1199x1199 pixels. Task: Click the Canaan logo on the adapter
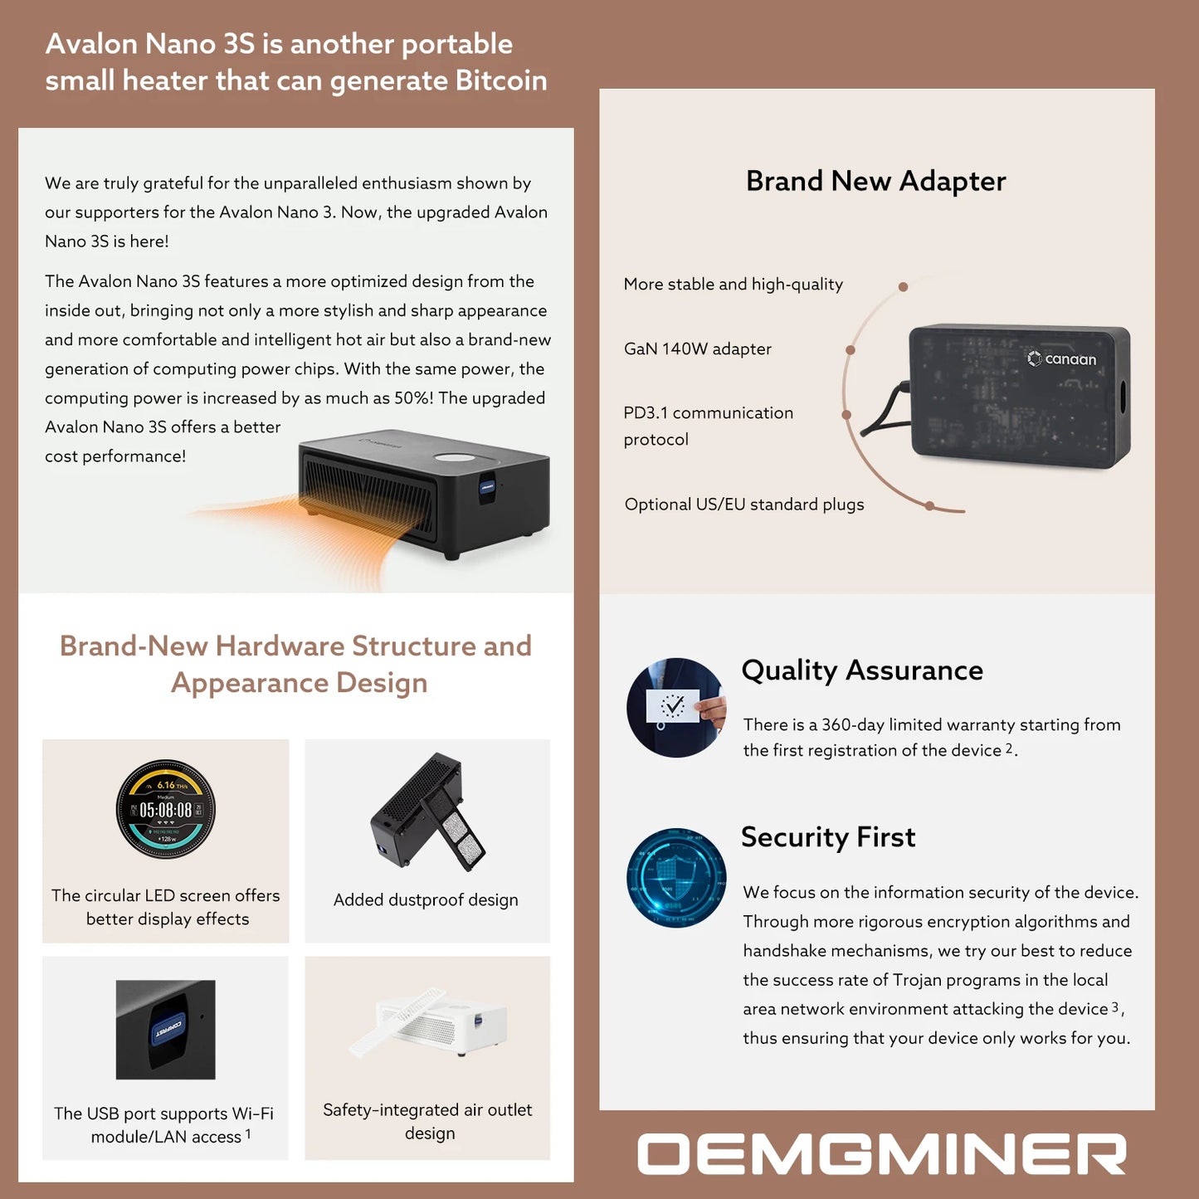1062,359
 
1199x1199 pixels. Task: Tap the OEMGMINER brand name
881,1154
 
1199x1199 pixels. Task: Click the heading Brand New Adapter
875,181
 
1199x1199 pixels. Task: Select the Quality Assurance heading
862,670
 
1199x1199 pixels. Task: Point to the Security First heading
828,837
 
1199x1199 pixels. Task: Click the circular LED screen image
166,809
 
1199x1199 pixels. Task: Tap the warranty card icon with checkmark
675,708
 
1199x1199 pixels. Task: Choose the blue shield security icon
676,877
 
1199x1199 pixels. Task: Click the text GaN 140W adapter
697,349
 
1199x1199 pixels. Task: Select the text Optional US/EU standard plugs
744,504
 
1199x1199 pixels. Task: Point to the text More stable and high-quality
733,285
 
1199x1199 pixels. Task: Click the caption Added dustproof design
426,900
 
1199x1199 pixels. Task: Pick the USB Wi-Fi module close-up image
166,1030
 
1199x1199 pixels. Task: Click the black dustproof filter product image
427,812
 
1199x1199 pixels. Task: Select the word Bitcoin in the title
501,80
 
